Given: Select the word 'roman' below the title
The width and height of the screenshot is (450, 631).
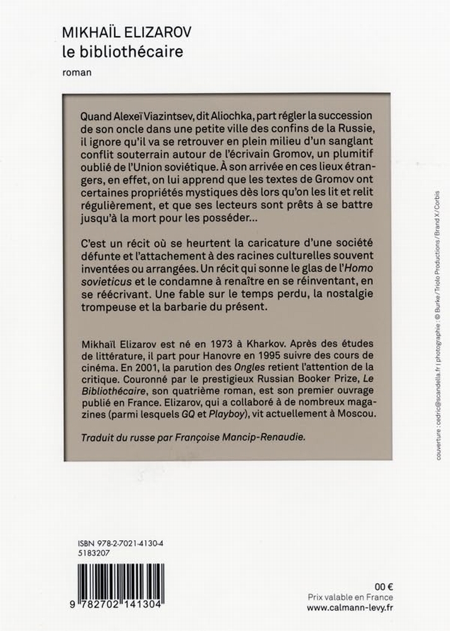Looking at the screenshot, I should (77, 72).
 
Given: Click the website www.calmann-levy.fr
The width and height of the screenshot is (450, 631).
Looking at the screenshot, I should (350, 608).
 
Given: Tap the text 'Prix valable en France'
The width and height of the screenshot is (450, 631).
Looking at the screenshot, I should (350, 597).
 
